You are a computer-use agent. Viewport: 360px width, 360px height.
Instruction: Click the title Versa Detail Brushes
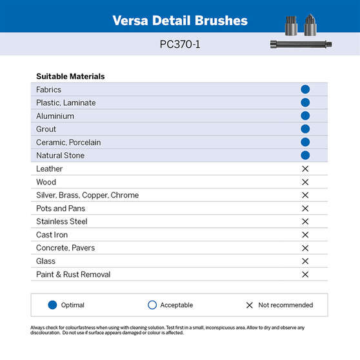(180, 20)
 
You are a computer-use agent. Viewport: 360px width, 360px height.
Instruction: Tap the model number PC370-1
(180, 46)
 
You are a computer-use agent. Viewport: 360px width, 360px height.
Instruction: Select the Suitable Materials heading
(70, 76)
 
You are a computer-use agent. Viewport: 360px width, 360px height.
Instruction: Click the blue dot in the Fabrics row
(305, 90)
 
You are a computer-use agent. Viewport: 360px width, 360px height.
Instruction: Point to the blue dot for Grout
(305, 129)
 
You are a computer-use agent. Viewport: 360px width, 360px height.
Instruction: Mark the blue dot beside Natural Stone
(305, 155)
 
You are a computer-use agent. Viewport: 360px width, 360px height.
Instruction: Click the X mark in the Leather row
(305, 169)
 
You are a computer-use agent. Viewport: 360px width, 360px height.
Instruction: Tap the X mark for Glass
(305, 261)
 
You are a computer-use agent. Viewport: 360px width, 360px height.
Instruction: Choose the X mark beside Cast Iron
(305, 235)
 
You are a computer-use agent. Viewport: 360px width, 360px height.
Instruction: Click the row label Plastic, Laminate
(66, 103)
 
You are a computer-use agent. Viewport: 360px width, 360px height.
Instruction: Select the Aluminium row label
(55, 116)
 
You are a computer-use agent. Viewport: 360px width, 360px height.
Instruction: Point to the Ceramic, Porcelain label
(68, 143)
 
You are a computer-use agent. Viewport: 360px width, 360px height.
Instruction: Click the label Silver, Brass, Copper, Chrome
(87, 195)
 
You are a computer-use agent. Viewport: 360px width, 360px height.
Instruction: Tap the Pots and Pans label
(61, 208)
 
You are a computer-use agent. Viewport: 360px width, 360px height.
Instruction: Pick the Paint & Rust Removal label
(73, 274)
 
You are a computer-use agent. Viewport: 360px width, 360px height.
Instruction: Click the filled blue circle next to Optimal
(53, 305)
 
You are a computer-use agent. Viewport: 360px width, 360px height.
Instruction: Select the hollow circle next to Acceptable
(152, 305)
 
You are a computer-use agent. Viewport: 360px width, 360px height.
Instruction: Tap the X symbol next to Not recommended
(250, 305)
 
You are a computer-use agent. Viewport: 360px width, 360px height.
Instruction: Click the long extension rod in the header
(301, 45)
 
